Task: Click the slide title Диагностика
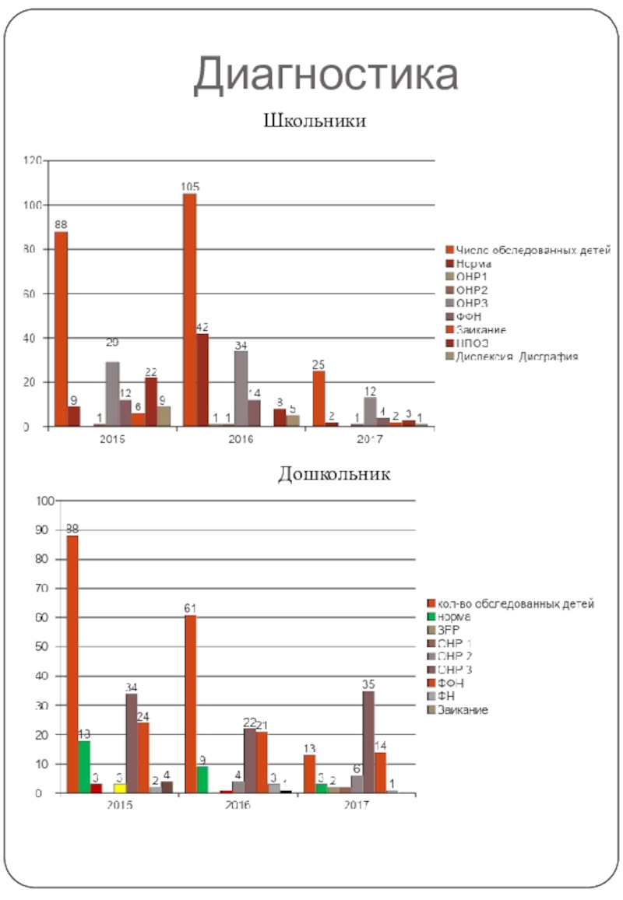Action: pyautogui.click(x=326, y=75)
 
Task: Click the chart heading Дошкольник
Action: pyautogui.click(x=334, y=473)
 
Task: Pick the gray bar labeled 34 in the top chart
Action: pyautogui.click(x=241, y=388)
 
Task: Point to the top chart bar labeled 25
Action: pyautogui.click(x=319, y=399)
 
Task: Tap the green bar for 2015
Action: pyautogui.click(x=84, y=767)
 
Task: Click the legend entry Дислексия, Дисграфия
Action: pyautogui.click(x=517, y=357)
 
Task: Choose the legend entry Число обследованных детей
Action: pyautogui.click(x=533, y=249)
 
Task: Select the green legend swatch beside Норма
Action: pyautogui.click(x=430, y=617)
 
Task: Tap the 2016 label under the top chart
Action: pyautogui.click(x=241, y=439)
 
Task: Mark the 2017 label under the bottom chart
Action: pyautogui.click(x=357, y=805)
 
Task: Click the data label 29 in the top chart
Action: pyautogui.click(x=112, y=343)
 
